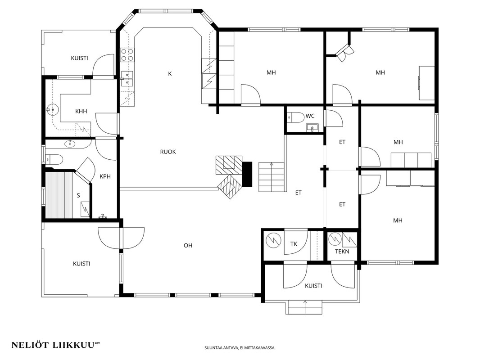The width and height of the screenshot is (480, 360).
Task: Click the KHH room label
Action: coord(81,111)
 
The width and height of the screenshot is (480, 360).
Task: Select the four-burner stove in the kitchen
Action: coord(127,54)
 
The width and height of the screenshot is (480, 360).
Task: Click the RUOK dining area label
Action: coord(168,152)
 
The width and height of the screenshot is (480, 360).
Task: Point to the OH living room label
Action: coord(188,245)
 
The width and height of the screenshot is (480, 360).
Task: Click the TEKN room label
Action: coord(342,252)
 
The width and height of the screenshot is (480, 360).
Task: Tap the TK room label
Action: coord(294,244)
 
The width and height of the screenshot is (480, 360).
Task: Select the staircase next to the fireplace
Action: coord(272,177)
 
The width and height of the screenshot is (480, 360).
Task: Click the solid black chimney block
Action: coord(247,174)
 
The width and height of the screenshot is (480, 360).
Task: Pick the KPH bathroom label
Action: coord(105,176)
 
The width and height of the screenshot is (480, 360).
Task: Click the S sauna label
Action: coord(78,195)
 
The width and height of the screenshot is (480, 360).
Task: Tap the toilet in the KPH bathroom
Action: coord(54,159)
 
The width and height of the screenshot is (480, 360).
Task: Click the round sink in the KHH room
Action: coord(53,108)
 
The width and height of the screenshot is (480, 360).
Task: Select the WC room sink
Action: coord(312,127)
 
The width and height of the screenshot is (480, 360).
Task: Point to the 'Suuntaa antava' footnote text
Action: coord(240,348)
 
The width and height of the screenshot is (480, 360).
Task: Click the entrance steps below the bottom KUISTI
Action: coord(305,307)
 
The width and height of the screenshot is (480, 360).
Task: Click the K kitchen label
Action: coord(170,74)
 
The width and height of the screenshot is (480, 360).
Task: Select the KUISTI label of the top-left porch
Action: coord(80,58)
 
